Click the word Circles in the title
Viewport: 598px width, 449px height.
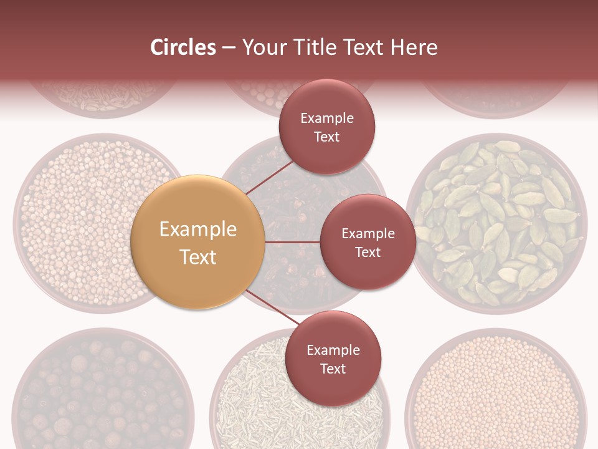[x=183, y=47]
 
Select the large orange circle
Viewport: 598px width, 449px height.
[x=198, y=242]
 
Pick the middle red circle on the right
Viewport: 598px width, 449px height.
[x=368, y=242]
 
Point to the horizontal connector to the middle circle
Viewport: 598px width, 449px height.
[x=292, y=242]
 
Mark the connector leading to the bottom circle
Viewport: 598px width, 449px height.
[x=271, y=307]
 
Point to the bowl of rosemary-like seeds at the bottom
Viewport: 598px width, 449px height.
[x=249, y=399]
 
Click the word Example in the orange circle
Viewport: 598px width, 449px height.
[x=198, y=229]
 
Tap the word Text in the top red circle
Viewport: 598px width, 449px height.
[x=327, y=137]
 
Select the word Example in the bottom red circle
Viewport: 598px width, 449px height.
[x=333, y=350]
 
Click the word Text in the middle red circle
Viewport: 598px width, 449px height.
[x=368, y=253]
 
